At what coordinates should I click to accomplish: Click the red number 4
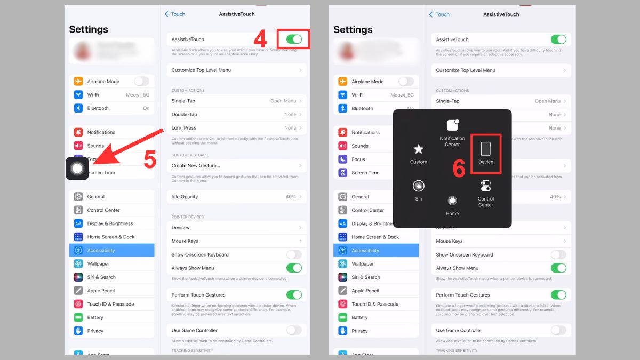coord(260,38)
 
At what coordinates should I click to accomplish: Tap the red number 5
coord(150,161)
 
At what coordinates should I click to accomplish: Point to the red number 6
coord(459,168)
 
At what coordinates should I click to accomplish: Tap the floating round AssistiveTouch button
coord(77,169)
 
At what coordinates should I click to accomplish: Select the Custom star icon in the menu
coord(419,149)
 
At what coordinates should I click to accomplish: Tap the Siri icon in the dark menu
coord(419,186)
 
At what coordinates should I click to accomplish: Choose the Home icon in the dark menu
coord(452,201)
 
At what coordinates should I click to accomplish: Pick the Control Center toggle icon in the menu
coord(485,186)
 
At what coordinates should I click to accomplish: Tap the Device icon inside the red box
coord(485,149)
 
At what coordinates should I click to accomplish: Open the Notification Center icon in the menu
coord(452,125)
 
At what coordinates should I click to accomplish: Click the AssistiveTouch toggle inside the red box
coord(294,39)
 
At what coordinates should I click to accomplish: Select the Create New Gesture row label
coord(196,166)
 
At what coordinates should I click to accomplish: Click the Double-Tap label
coord(185,115)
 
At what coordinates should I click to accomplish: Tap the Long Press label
coord(184,128)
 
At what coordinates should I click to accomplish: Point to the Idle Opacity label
coord(185,197)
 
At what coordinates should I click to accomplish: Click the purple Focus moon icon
coord(342,159)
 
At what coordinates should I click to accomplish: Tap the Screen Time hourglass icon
coord(342,173)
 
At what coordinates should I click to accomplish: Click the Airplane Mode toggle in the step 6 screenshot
coord(406,82)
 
